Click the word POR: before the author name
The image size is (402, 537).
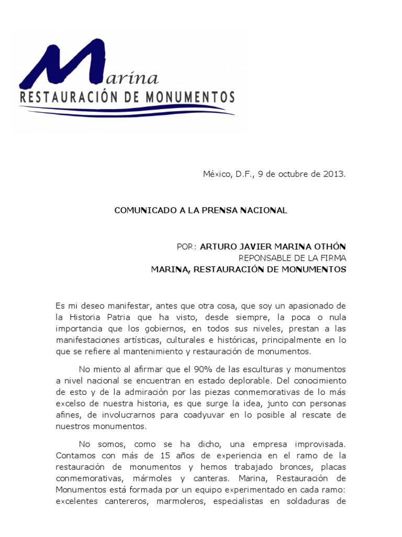tap(187, 246)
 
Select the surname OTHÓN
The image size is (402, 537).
tap(329, 246)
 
